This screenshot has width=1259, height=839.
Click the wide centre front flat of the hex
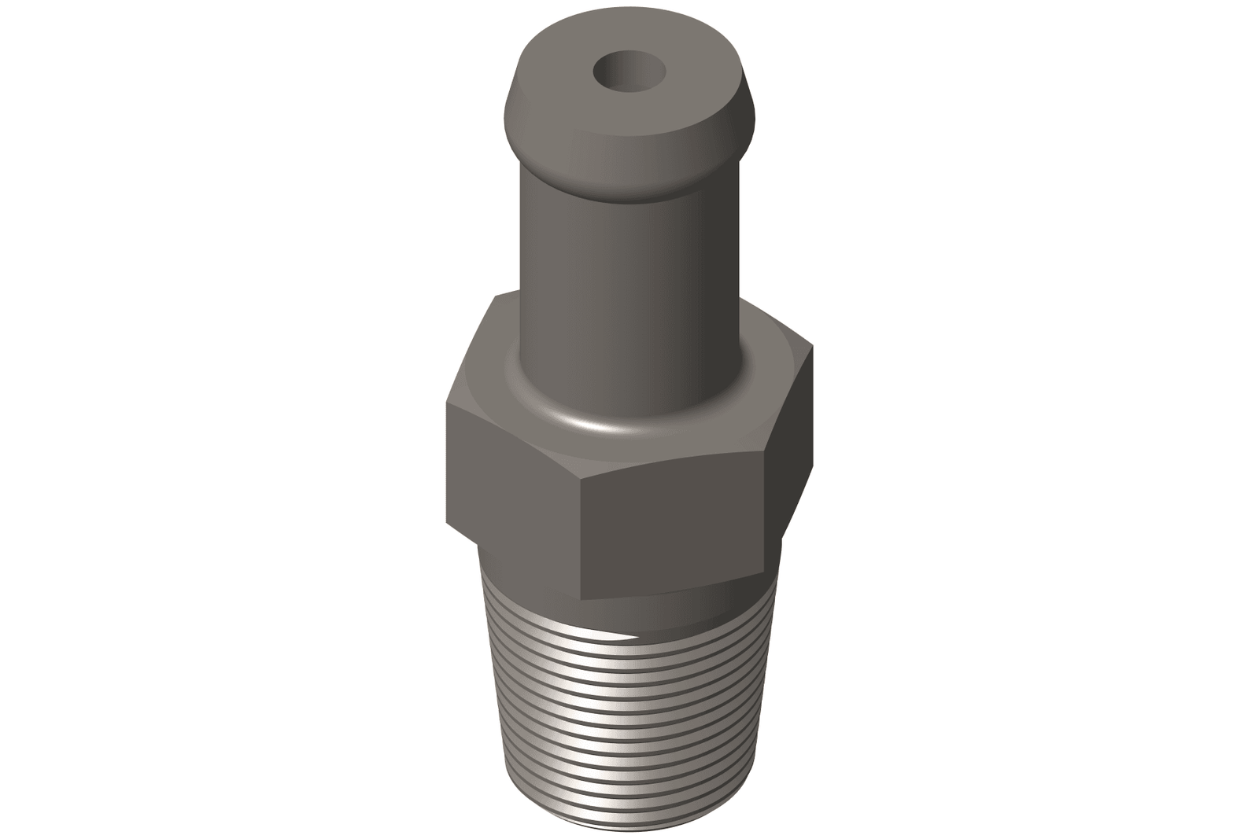tap(673, 535)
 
